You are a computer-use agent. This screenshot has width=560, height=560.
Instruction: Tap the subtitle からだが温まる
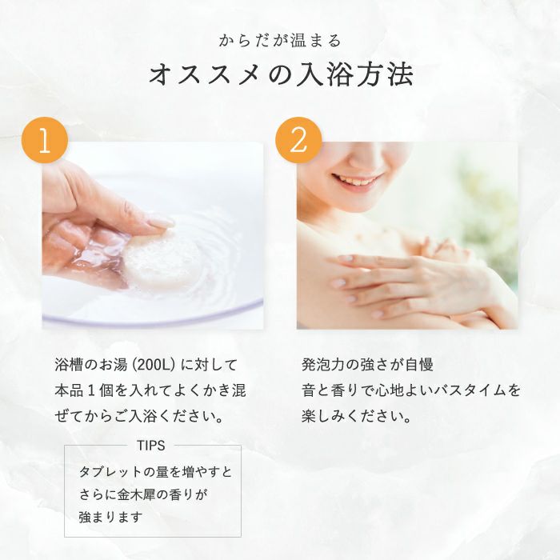[279, 40]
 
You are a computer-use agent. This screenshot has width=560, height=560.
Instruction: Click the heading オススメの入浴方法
[280, 76]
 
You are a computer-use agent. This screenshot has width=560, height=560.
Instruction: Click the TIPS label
[150, 446]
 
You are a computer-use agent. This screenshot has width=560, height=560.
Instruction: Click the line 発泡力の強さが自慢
[367, 365]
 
